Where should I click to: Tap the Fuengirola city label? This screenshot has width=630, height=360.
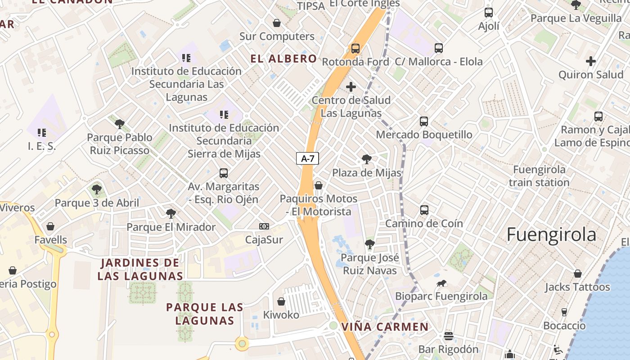pos(551,234)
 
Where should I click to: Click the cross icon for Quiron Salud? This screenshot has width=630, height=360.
pos(591,61)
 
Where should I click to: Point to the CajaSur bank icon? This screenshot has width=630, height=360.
pos(264,226)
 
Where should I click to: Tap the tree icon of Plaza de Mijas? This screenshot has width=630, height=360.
pos(367,159)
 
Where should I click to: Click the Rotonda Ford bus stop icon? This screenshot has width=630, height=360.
pos(355,48)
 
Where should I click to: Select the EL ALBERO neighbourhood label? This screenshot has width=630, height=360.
pos(283,58)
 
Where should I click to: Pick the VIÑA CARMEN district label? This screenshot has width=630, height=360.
pos(385,327)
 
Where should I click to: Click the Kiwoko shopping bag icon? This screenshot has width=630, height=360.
pos(281,301)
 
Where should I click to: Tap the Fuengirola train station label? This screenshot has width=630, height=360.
pos(539,176)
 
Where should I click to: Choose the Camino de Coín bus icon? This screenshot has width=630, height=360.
pos(424,210)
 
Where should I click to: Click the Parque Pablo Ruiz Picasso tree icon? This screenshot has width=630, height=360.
pos(119,124)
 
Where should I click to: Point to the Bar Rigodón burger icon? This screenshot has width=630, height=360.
pos(448,336)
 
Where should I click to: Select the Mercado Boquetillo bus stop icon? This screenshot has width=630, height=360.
pos(424,121)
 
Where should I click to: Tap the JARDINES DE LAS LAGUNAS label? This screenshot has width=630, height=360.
pos(140,269)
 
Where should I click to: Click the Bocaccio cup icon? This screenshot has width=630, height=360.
pos(564,312)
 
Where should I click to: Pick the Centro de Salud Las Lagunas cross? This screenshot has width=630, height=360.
pos(351,87)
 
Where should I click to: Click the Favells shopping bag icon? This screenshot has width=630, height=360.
pos(50,226)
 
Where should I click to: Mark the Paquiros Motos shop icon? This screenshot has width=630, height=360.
pos(319,185)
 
